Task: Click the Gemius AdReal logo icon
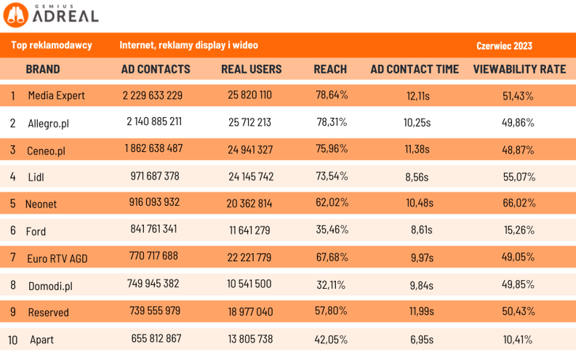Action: click(15, 14)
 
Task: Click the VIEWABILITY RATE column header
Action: click(519, 69)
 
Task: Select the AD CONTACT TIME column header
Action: click(415, 69)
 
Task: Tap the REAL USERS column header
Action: click(251, 69)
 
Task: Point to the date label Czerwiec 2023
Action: click(504, 46)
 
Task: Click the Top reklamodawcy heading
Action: click(52, 46)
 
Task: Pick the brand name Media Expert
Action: click(56, 95)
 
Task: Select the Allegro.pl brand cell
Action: click(48, 123)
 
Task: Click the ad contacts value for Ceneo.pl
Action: click(153, 148)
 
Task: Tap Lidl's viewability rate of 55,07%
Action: click(519, 176)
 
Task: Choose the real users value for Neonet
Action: click(250, 203)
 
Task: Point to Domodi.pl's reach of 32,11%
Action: click(332, 284)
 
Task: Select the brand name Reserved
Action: click(48, 312)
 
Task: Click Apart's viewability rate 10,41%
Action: click(519, 339)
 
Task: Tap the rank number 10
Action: click(13, 340)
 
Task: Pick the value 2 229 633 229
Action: click(153, 95)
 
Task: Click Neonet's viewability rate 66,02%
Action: click(519, 203)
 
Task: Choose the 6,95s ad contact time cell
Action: click(420, 339)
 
